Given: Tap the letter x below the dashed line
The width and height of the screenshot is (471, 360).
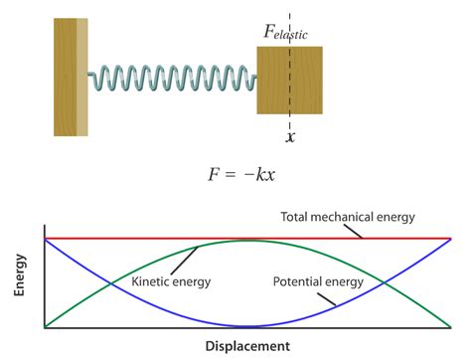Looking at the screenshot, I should pyautogui.click(x=290, y=137).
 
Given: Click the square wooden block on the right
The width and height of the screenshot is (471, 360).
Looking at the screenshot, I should pyautogui.click(x=290, y=80).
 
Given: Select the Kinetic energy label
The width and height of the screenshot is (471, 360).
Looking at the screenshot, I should pyautogui.click(x=171, y=282).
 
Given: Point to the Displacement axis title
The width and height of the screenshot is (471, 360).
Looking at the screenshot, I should pyautogui.click(x=247, y=346).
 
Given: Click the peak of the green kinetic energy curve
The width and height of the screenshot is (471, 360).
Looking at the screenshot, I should pyautogui.click(x=247, y=241).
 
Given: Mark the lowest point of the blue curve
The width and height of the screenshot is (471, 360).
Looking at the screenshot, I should pyautogui.click(x=247, y=326).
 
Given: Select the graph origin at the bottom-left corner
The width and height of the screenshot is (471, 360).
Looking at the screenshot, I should pyautogui.click(x=45, y=327).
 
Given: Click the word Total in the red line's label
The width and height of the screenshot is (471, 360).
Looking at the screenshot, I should pyautogui.click(x=297, y=217).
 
